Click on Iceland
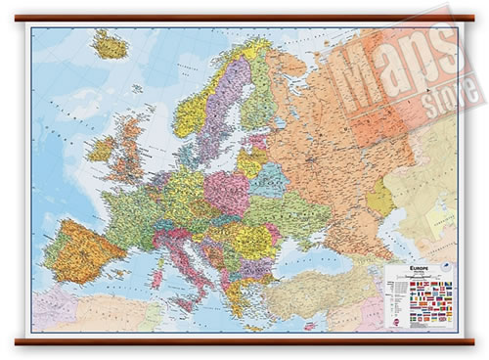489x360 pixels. (111, 45)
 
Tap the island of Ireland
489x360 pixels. (101, 150)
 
